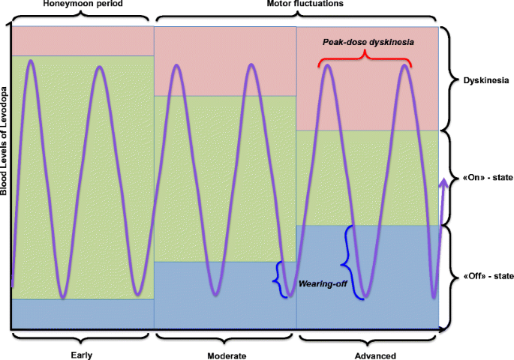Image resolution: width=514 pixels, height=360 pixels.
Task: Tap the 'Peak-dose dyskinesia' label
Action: (x=367, y=43)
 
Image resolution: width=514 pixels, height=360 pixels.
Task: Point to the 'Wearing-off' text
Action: (x=323, y=285)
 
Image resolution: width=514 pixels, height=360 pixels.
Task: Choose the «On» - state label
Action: (x=482, y=176)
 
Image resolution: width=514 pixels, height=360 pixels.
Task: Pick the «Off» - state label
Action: (x=482, y=276)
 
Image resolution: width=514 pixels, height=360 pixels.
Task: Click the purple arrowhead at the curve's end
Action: (x=444, y=182)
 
